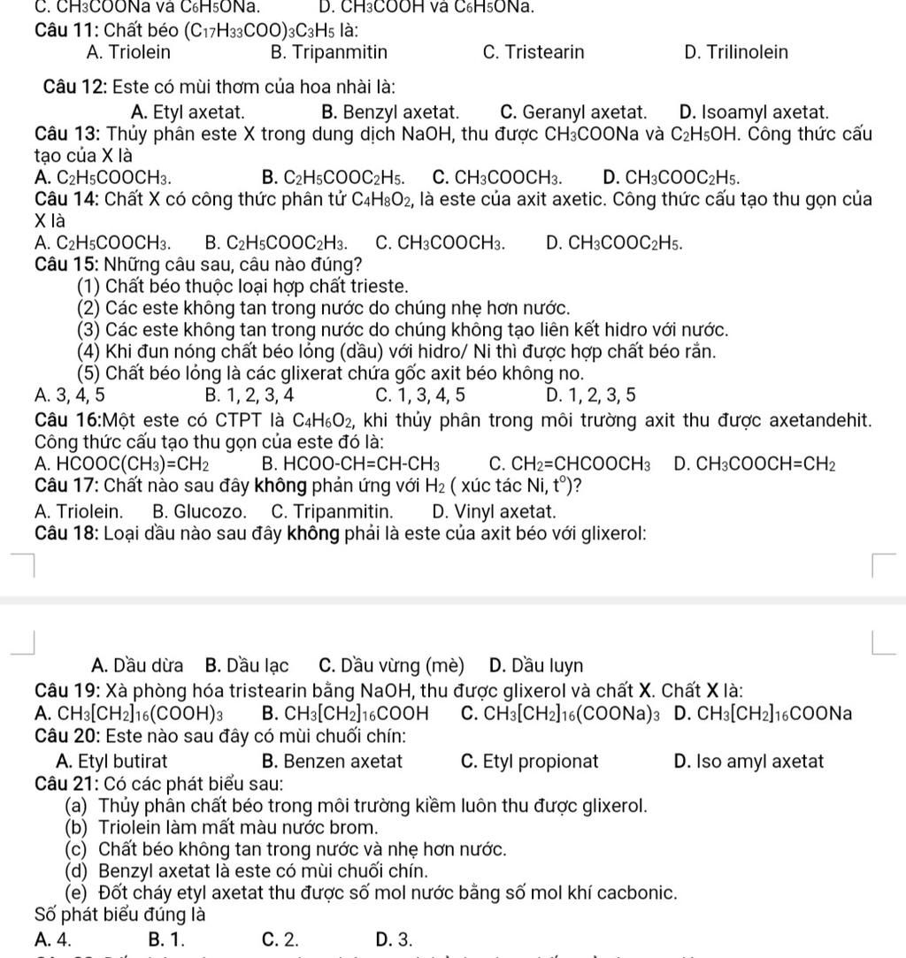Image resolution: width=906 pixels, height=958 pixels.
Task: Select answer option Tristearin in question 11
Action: click(534, 52)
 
